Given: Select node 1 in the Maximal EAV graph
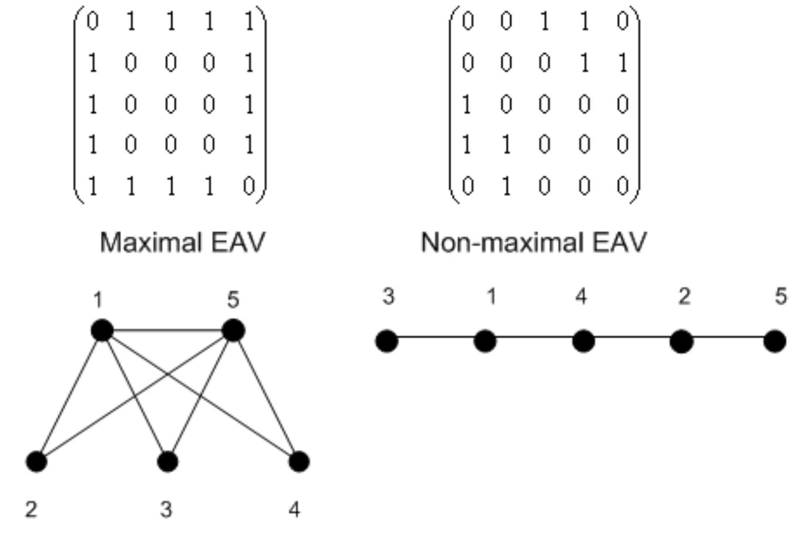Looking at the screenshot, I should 102,331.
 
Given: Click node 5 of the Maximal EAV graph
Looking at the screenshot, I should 233,331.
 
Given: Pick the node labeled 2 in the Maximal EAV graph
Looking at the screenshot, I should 36,462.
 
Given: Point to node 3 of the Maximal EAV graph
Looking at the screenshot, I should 168,462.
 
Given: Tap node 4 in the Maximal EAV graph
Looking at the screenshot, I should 299,462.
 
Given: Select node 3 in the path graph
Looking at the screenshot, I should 386,341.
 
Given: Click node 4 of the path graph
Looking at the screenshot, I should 583,341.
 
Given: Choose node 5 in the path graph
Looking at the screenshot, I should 775,341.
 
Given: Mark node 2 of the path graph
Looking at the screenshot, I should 681,341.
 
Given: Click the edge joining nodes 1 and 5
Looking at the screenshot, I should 167,331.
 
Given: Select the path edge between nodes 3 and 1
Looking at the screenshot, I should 436,338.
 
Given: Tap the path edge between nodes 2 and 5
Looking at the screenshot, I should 728,338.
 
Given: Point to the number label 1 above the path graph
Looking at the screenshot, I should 491,297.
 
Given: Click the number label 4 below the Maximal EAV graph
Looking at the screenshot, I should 294,510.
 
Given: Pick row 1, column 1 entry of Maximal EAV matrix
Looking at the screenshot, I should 92,22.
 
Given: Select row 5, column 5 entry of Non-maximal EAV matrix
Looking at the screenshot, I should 623,186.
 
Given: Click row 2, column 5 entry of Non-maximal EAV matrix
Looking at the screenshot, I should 623,63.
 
